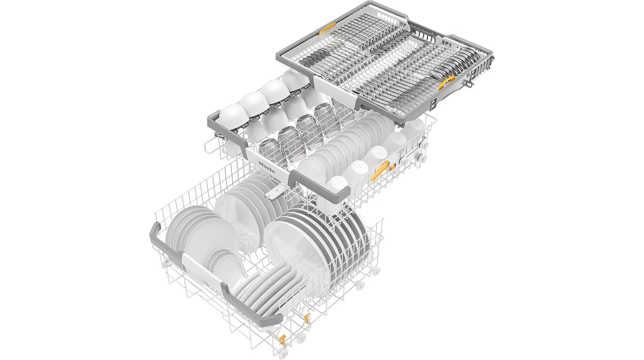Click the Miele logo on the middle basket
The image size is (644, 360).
pos(269,169)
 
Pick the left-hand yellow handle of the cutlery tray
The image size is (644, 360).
pos(326,29)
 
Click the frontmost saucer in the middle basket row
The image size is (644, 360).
pos(311,167)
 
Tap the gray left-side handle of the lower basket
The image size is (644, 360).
pos(168,239)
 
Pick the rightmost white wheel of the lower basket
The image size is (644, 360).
pos(378,270)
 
